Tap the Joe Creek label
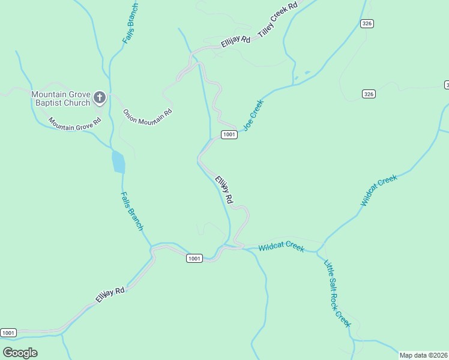(x=253, y=115)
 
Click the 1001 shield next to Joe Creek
(x=229, y=134)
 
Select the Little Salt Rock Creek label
(x=337, y=293)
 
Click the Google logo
(x=20, y=353)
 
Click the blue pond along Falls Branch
(x=118, y=163)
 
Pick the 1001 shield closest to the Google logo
(x=8, y=332)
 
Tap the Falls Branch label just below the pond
(x=132, y=211)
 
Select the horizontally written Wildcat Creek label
(x=282, y=246)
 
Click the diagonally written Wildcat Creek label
(x=379, y=191)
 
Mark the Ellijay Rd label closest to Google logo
(x=110, y=295)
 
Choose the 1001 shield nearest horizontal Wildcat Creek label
(x=193, y=258)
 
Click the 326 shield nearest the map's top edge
(x=367, y=23)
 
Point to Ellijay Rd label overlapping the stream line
(x=224, y=189)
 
